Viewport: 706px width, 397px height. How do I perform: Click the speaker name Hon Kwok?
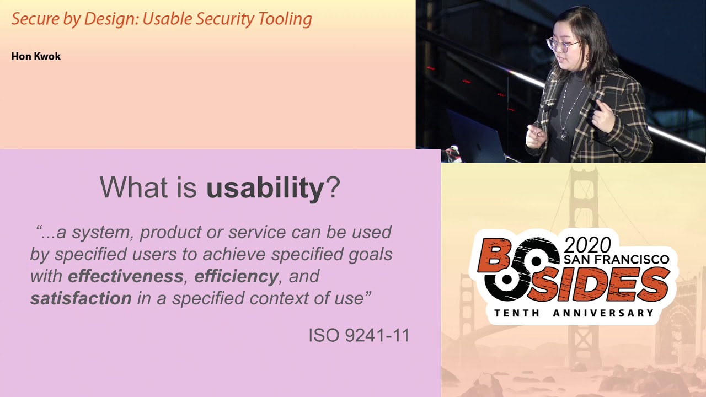36,56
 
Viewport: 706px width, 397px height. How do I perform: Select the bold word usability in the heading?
265,188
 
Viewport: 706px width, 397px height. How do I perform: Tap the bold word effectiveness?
126,276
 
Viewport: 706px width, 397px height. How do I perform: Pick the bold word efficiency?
236,276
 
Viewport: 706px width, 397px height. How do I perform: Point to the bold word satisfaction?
81,298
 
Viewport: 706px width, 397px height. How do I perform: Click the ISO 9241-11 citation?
359,335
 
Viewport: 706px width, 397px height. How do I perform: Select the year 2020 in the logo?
587,245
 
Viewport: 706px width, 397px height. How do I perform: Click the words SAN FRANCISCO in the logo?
616,259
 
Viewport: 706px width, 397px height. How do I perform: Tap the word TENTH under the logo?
518,313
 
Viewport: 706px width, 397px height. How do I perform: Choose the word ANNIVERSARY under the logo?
603,313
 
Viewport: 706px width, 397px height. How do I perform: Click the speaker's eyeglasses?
561,45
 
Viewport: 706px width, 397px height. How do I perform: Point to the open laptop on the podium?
477,138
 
